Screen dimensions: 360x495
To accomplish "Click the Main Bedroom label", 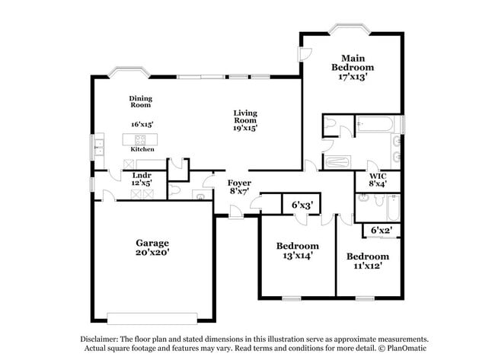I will pyautogui.click(x=352, y=67).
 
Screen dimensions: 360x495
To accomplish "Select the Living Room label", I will pyautogui.click(x=244, y=120).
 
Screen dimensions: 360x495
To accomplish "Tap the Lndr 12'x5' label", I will pyautogui.click(x=142, y=179).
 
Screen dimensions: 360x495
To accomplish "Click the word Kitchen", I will pyautogui.click(x=142, y=149).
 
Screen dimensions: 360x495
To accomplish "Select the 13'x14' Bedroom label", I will pyautogui.click(x=297, y=250).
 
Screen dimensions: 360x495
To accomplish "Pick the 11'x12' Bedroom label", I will pyautogui.click(x=367, y=261).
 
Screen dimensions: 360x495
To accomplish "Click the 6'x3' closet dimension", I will pyautogui.click(x=302, y=205).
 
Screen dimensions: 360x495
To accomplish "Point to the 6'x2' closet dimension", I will pyautogui.click(x=381, y=230).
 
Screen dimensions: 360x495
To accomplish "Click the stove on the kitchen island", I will pyautogui.click(x=141, y=139).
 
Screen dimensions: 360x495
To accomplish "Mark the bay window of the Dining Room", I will pyautogui.click(x=126, y=73).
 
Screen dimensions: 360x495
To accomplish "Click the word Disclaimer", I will pyautogui.click(x=103, y=339).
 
